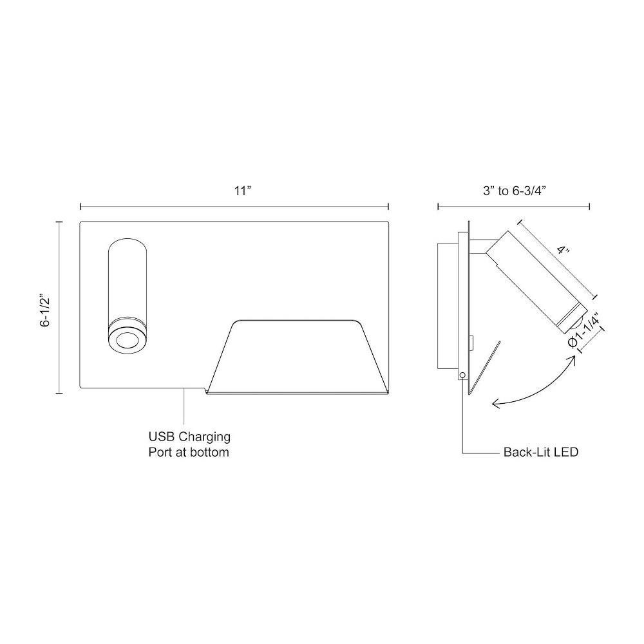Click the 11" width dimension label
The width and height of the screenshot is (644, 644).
[242, 191]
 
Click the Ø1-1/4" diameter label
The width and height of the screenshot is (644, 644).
[585, 330]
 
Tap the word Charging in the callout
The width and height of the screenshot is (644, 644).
[205, 437]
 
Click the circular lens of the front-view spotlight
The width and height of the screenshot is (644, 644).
[127, 341]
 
